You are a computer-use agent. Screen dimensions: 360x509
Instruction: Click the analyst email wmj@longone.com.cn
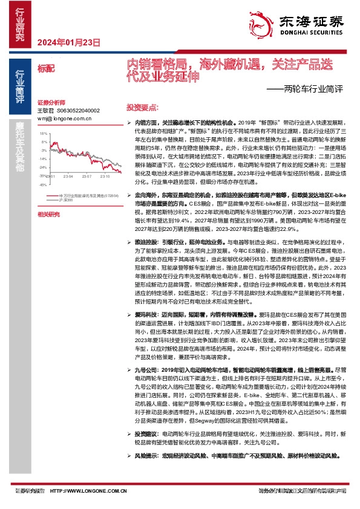(64, 118)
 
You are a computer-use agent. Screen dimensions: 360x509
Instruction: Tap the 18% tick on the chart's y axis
(44, 132)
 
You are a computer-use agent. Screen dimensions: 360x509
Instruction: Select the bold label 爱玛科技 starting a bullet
(145, 315)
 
